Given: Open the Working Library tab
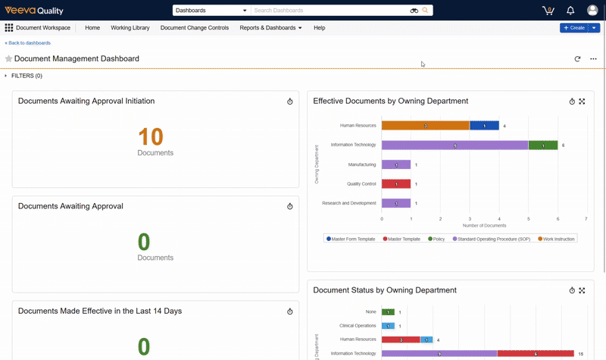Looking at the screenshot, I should click(130, 28).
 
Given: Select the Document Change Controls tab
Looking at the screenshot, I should click(194, 28).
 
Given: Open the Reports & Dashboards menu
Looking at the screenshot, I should click(270, 28).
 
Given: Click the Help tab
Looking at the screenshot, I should click(319, 28).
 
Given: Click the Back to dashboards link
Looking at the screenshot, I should click(28, 43).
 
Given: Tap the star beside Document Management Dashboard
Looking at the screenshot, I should click(9, 58).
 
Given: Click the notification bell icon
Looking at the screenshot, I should click(570, 11).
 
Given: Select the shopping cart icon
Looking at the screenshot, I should click(548, 11).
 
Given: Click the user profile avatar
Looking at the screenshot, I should click(592, 11).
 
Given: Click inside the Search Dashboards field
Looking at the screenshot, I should click(330, 11).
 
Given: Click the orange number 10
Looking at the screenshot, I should click(151, 136).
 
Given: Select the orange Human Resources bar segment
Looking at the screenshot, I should click(425, 126).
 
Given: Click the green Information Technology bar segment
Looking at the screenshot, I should click(542, 145).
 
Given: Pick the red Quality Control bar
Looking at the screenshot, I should click(395, 183).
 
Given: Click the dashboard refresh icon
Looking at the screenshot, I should click(577, 58).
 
